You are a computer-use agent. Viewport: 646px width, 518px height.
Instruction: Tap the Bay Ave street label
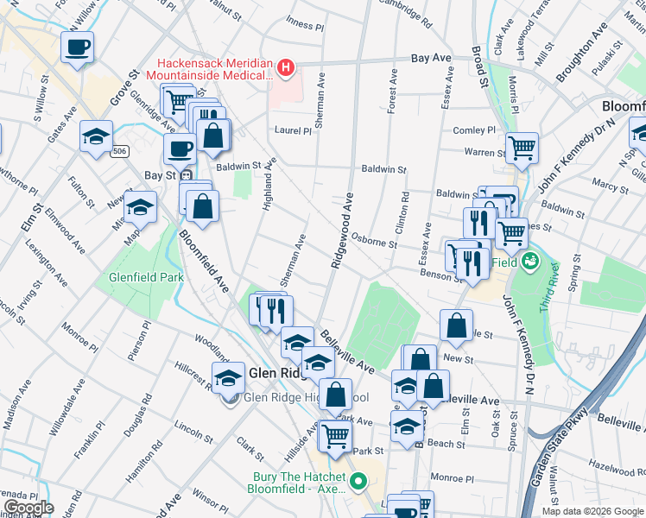431,58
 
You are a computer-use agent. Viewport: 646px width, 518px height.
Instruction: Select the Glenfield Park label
146,278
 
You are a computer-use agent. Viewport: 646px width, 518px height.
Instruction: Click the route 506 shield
121,151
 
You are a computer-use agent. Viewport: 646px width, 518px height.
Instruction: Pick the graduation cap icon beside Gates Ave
96,136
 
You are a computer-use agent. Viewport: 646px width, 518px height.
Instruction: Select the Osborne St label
374,243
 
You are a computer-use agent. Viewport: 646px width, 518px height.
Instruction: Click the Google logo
28,508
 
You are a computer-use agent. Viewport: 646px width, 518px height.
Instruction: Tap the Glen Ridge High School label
294,397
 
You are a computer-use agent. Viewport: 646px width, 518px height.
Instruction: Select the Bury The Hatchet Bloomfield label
299,483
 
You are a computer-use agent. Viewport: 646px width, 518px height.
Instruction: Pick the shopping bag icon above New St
456,325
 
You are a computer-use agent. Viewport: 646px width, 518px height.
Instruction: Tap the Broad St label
480,60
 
